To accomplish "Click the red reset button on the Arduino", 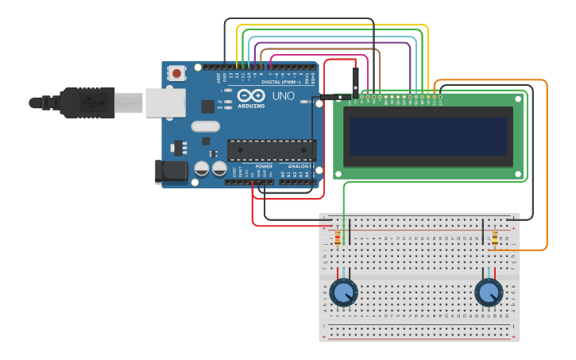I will [x=176, y=73].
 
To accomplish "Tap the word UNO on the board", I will [x=284, y=96].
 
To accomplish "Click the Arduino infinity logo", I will [x=250, y=95].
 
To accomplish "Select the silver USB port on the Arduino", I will [x=165, y=103].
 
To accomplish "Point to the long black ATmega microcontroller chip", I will [x=271, y=149].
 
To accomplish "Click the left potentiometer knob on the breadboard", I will [x=343, y=292].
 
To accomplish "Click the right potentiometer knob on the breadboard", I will [x=489, y=292].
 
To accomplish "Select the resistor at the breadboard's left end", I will [x=338, y=238].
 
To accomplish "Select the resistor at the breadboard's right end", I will [x=495, y=238].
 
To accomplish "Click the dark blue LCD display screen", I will [x=428, y=137].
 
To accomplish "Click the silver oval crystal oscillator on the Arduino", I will [x=205, y=126].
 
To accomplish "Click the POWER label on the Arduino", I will [x=264, y=166].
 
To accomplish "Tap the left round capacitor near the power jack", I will [x=202, y=168].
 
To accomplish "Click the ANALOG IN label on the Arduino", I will [x=299, y=166].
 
